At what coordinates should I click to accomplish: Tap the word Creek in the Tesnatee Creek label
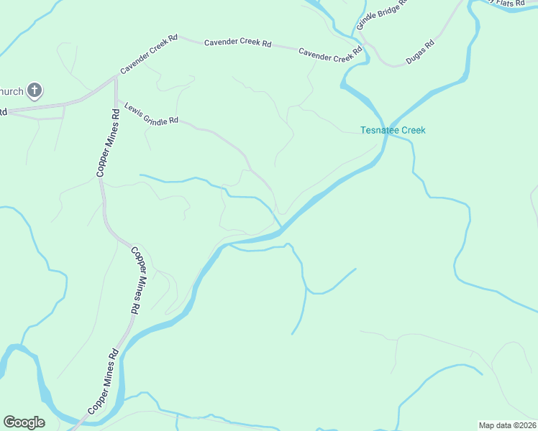pos(414,131)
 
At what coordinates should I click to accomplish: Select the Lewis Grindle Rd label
pos(151,113)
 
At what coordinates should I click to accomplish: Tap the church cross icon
pos(35,91)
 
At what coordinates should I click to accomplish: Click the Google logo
pos(24,422)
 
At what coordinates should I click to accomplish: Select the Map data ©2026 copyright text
pos(507,425)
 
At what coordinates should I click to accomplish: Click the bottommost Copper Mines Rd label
pos(103,381)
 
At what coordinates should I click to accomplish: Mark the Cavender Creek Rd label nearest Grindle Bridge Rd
pos(331,54)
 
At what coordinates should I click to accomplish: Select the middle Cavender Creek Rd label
pos(237,43)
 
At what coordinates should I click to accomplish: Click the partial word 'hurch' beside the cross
pos(11,91)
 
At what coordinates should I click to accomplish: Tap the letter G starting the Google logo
pos(9,422)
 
